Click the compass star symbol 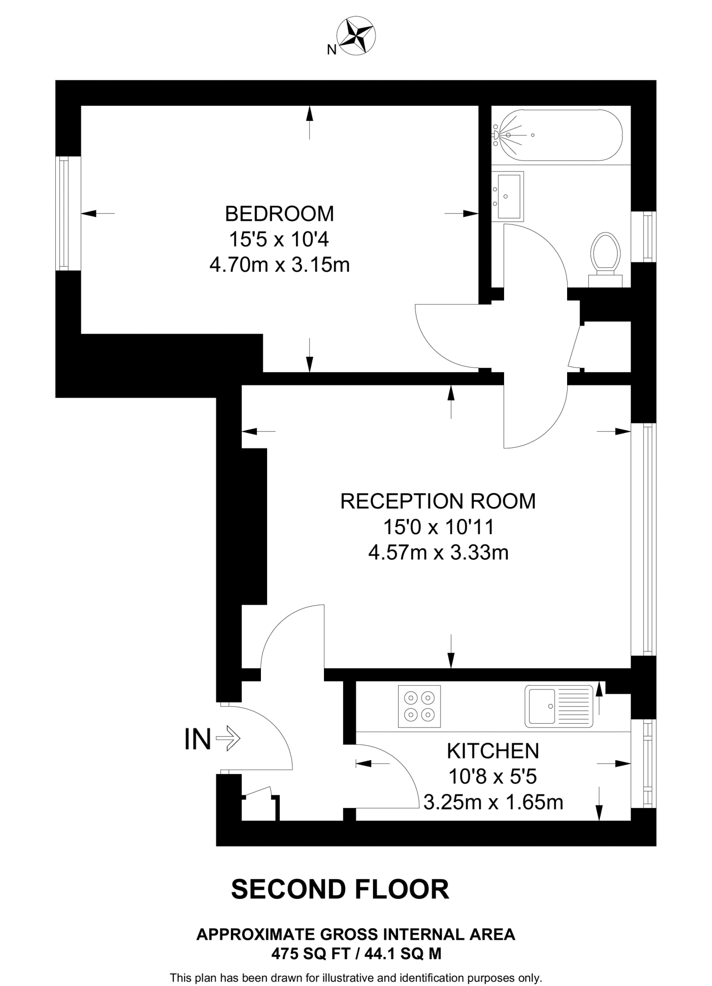pyautogui.click(x=357, y=35)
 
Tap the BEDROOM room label pyautogui.click(x=279, y=213)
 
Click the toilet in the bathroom pyautogui.click(x=606, y=255)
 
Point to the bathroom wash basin pyautogui.click(x=508, y=196)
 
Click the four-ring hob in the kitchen pyautogui.click(x=419, y=706)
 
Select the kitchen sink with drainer pyautogui.click(x=559, y=706)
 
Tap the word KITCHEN pyautogui.click(x=493, y=751)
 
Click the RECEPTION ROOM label pyautogui.click(x=438, y=501)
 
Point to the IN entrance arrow pyautogui.click(x=227, y=739)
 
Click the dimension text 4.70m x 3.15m pyautogui.click(x=279, y=265)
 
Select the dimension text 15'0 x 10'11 pyautogui.click(x=438, y=527)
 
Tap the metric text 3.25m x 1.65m pyautogui.click(x=493, y=802)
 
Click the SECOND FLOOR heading pyautogui.click(x=340, y=889)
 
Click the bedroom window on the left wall pyautogui.click(x=64, y=213)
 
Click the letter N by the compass pyautogui.click(x=331, y=50)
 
